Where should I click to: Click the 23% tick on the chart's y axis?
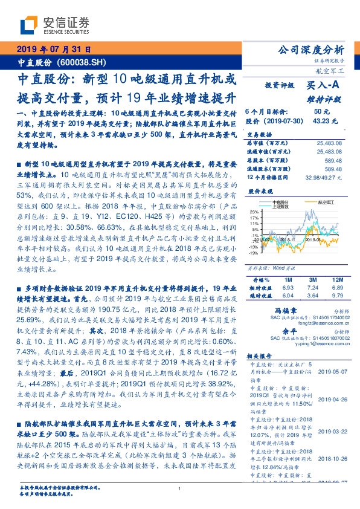pyautogui.click(x=252, y=211)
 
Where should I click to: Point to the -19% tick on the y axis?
pyautogui.click(x=252, y=253)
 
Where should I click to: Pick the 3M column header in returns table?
pyautogui.click(x=312, y=280)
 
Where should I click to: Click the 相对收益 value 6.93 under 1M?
pyautogui.click(x=286, y=288)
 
